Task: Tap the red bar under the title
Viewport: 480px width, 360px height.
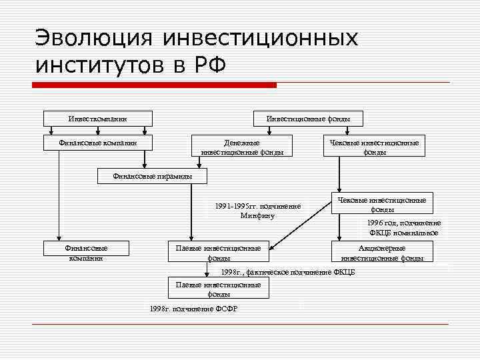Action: (154, 85)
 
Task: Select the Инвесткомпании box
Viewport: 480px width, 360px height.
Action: (98, 119)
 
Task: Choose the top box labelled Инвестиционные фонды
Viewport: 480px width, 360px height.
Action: (308, 119)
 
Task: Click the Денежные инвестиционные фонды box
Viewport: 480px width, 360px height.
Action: (242, 147)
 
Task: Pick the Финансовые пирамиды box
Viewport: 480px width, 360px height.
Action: (153, 176)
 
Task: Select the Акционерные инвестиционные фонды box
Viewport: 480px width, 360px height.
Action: (382, 252)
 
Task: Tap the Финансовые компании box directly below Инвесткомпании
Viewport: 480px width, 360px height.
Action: (98, 142)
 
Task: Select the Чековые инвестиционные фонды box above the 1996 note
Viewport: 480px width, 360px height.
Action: (382, 203)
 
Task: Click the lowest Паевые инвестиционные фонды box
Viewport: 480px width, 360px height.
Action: (219, 288)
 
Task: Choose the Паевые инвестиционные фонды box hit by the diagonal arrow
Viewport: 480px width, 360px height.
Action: (219, 252)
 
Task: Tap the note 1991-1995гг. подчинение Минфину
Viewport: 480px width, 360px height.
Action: (257, 211)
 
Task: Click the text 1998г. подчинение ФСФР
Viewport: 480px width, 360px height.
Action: (194, 309)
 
